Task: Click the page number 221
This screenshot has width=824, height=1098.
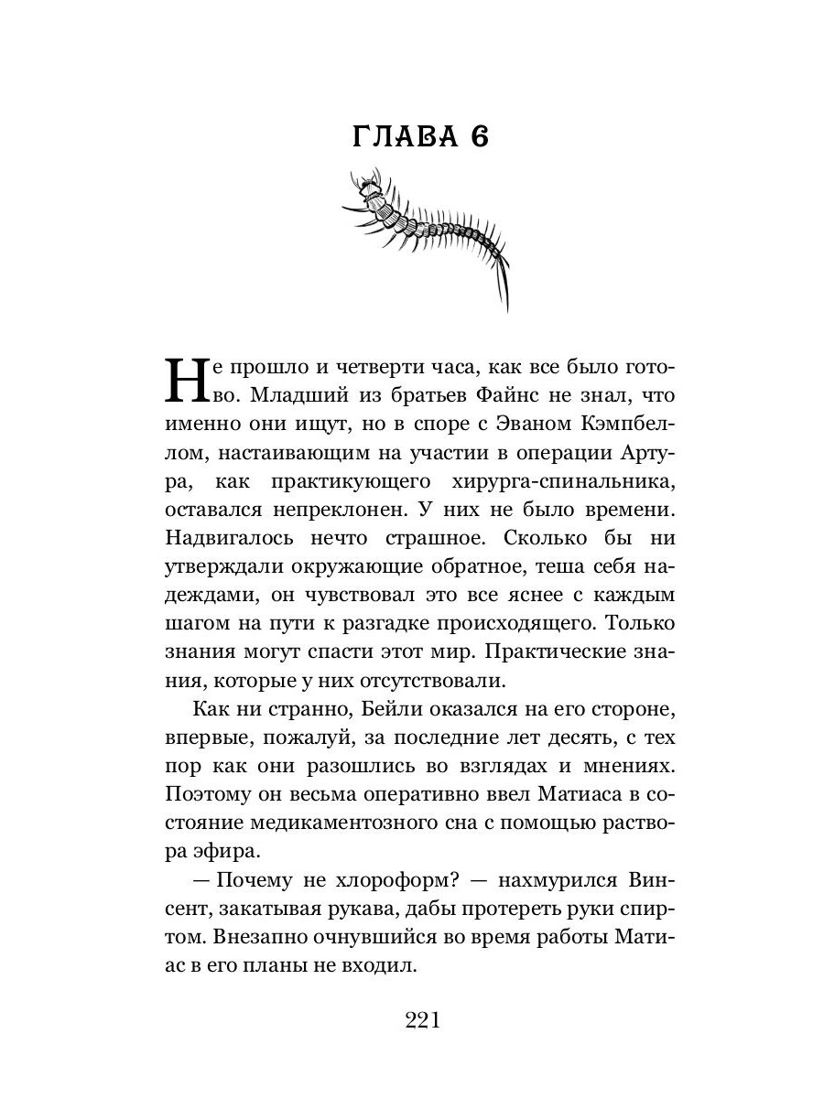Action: (422, 1021)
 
